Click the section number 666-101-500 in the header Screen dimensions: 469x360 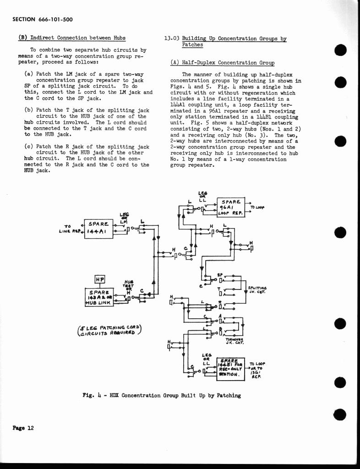(55, 19)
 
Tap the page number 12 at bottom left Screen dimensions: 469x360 (30, 428)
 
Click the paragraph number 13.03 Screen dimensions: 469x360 (172, 38)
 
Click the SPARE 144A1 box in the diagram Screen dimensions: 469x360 (98, 228)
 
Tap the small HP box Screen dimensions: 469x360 (99, 279)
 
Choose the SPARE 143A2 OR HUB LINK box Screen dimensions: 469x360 (99, 297)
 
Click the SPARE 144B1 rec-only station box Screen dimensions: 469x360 (231, 368)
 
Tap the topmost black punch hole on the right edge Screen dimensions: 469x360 (339, 50)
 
